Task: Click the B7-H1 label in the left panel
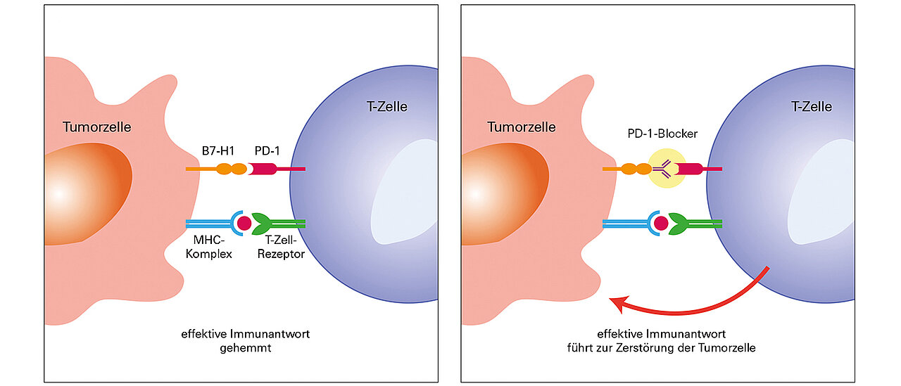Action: [x=218, y=149]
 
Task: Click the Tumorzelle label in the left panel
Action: [x=97, y=127]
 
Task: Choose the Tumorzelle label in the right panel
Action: [x=522, y=127]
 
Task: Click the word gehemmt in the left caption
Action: [x=245, y=347]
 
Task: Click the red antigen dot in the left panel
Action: [x=244, y=224]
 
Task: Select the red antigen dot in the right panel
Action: [x=661, y=224]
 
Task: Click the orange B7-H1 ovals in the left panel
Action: [x=231, y=169]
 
